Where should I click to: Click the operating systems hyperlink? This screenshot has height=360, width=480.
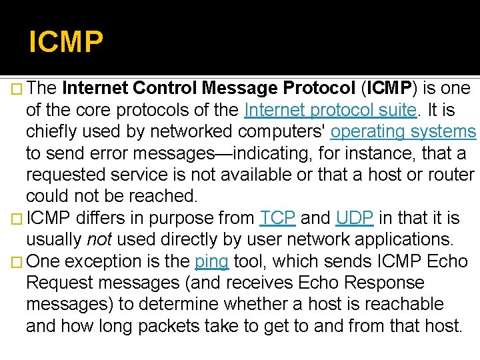click(403, 131)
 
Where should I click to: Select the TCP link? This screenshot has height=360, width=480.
click(278, 218)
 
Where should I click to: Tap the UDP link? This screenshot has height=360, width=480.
click(354, 218)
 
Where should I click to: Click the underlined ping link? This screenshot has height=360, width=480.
click(211, 261)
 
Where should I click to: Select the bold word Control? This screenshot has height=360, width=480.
click(164, 89)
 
